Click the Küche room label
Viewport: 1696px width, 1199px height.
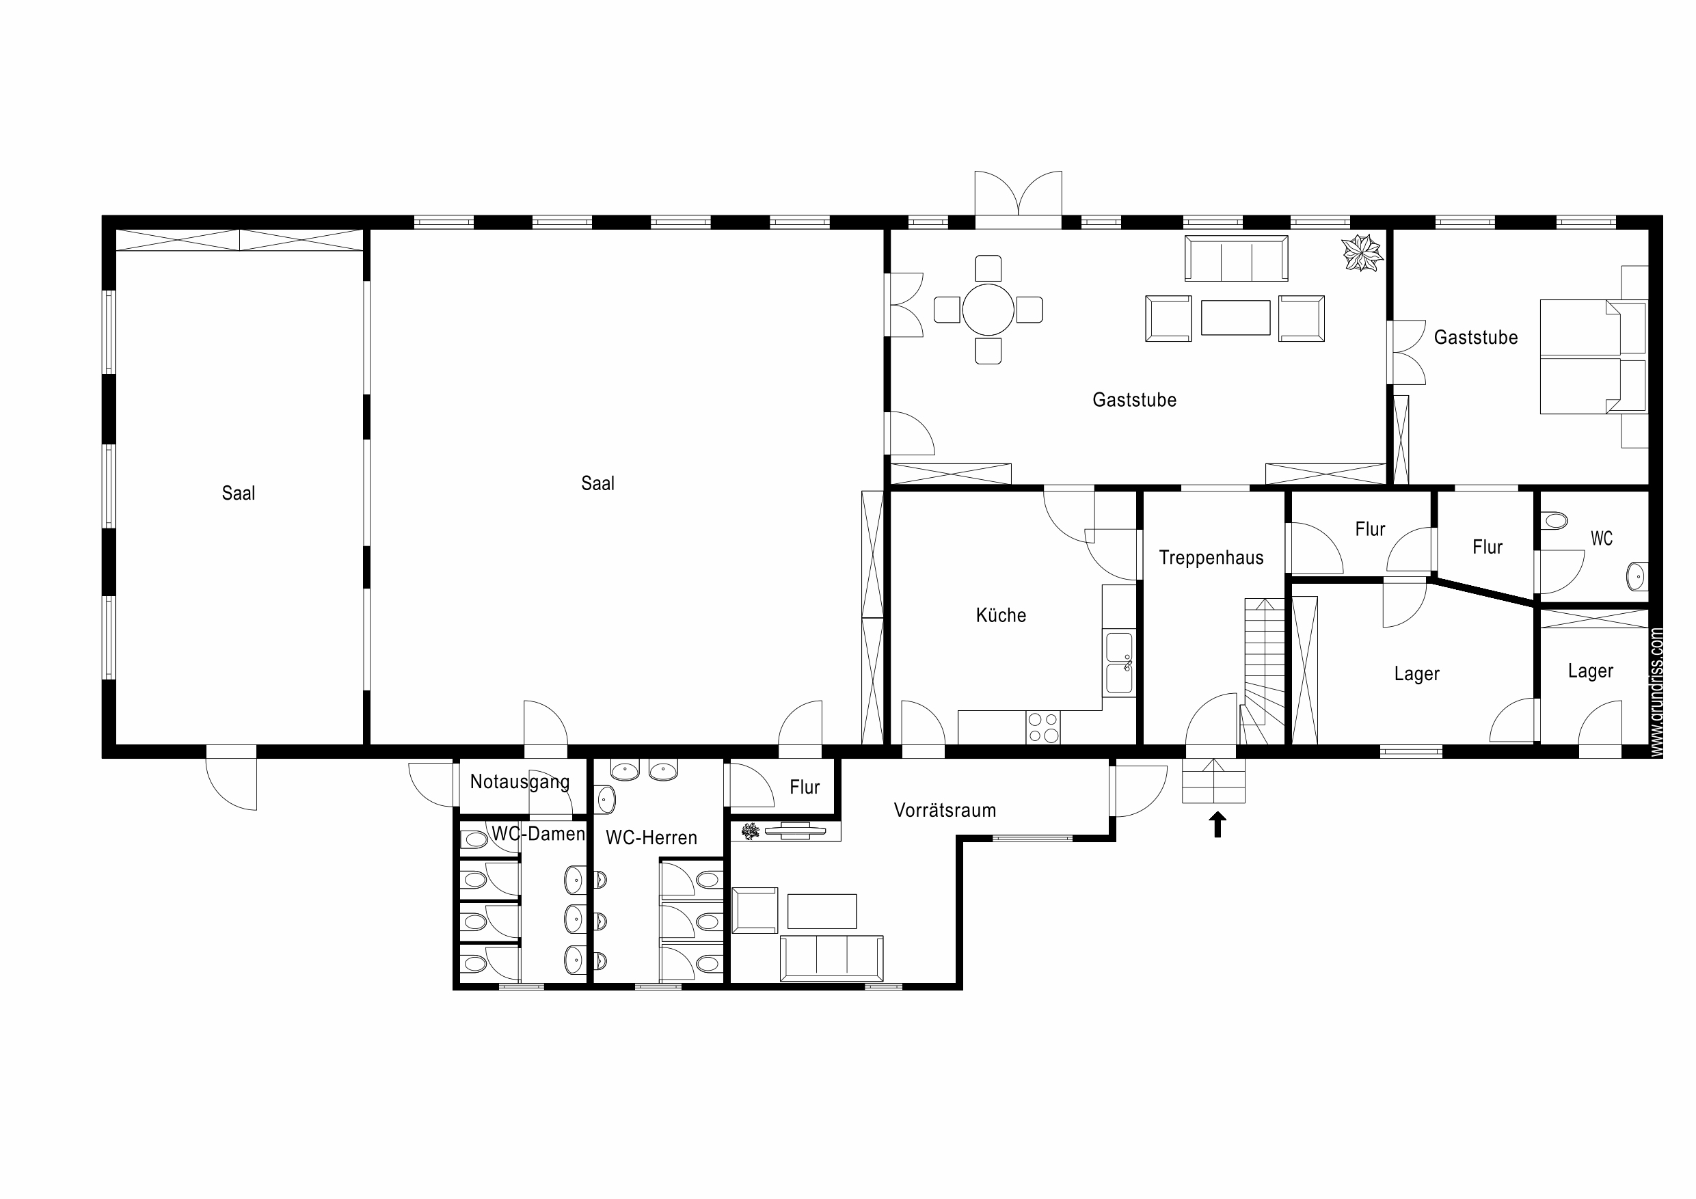(x=1001, y=615)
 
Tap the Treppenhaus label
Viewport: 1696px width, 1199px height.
(x=1211, y=558)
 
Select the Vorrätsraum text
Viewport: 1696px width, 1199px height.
(x=945, y=811)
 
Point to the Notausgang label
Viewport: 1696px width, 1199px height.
(x=520, y=782)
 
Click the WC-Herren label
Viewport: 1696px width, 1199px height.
(x=651, y=838)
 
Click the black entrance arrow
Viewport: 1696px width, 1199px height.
(x=1217, y=824)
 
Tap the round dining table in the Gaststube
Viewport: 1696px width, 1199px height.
(x=988, y=310)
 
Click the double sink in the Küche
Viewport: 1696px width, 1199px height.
(x=1119, y=663)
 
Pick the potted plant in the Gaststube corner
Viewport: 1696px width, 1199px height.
(x=1362, y=253)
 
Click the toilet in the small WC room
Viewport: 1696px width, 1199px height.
(x=1555, y=520)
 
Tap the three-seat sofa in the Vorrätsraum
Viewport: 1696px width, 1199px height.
(x=832, y=958)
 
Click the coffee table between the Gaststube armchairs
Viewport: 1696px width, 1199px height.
(x=1235, y=318)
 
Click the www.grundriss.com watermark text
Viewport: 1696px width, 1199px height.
(x=1657, y=692)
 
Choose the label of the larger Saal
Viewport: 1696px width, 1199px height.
(x=597, y=484)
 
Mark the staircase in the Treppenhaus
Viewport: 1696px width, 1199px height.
(x=1263, y=671)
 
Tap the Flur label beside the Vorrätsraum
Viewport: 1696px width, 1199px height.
(x=805, y=787)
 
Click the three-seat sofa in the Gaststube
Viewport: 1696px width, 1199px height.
(x=1237, y=258)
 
